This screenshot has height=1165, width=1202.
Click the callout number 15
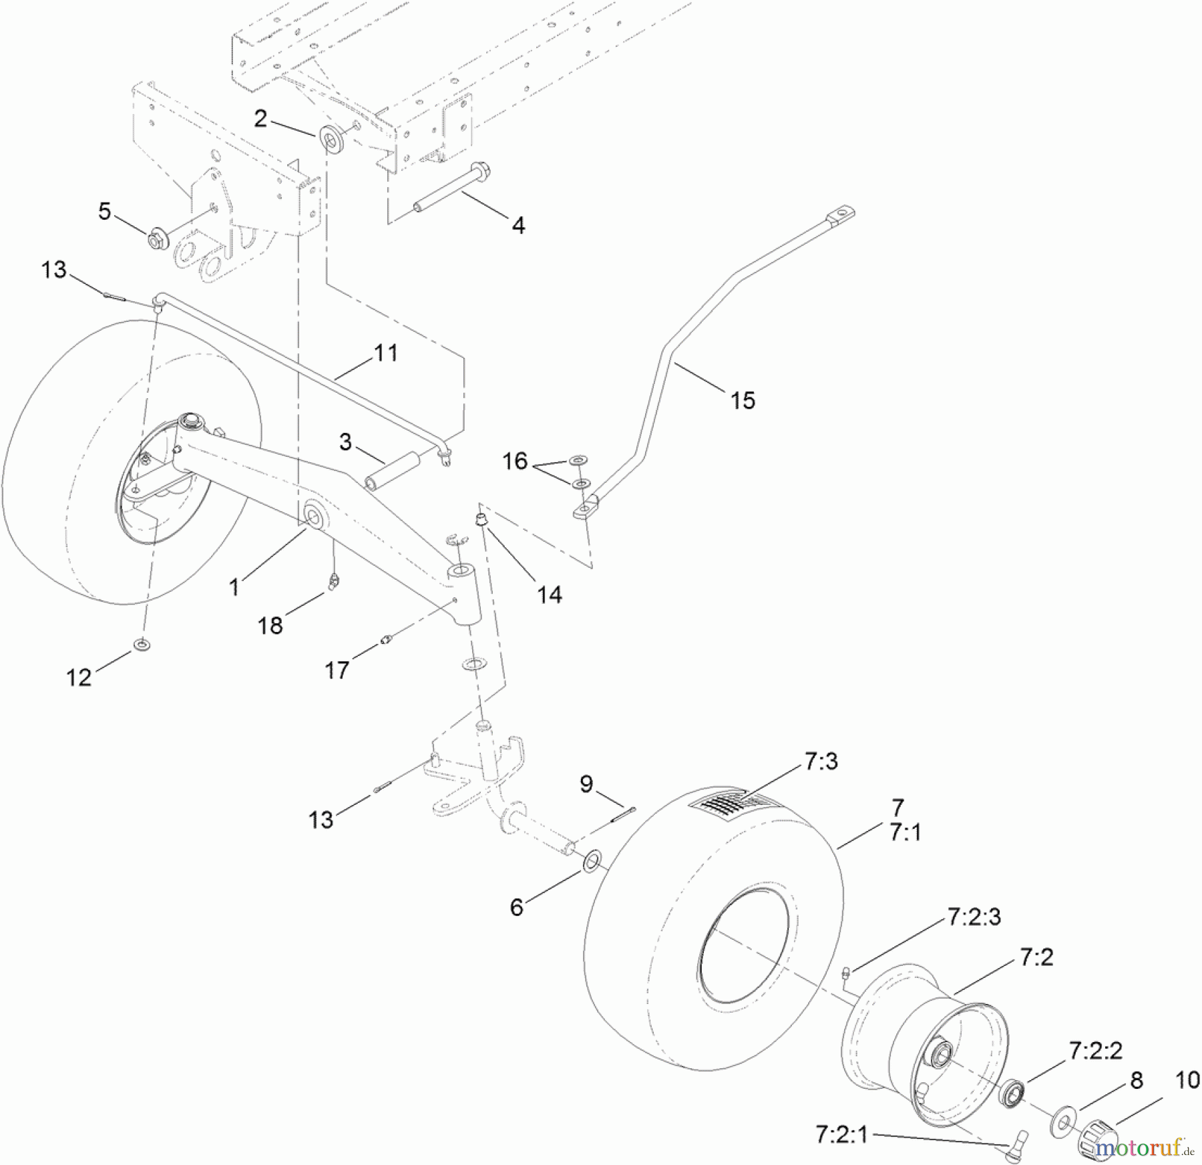742,400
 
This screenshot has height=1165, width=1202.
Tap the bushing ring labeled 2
332,139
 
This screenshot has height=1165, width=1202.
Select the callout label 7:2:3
974,918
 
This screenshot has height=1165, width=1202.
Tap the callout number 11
385,352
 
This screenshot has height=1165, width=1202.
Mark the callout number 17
336,669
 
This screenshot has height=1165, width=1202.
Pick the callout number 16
515,461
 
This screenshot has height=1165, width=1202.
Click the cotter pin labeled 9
621,814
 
